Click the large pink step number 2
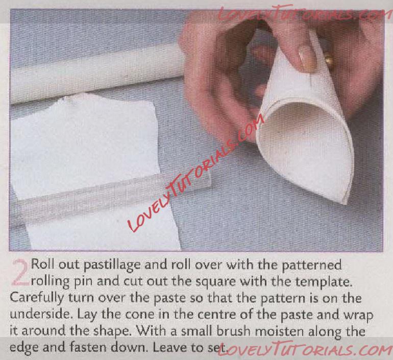pyautogui.click(x=19, y=273)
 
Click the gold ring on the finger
pyautogui.click(x=329, y=60)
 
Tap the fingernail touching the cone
pyautogui.click(x=306, y=58)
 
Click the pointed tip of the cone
pyautogui.click(x=346, y=202)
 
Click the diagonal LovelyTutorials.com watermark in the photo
pyautogui.click(x=196, y=173)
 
